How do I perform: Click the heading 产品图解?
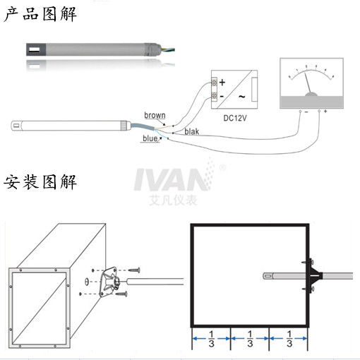[40, 14]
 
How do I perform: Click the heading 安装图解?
[40, 182]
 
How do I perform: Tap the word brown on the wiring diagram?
[155, 115]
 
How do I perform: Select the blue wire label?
[150, 138]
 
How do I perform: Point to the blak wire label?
[191, 131]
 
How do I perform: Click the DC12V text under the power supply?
[235, 118]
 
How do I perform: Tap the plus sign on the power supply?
[222, 83]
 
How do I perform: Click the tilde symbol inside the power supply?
[242, 97]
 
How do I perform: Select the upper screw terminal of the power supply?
[214, 83]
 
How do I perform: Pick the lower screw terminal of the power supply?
[214, 95]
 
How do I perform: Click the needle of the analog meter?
[308, 83]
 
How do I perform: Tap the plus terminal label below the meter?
[325, 111]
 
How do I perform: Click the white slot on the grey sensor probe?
[35, 50]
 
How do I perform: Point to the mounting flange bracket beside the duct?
[109, 282]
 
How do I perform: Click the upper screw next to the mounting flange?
[135, 270]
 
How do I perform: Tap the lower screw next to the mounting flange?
[121, 294]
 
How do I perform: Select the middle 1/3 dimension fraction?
[250, 339]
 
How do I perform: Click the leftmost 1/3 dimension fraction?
[211, 339]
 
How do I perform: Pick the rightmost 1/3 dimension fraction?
[289, 339]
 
